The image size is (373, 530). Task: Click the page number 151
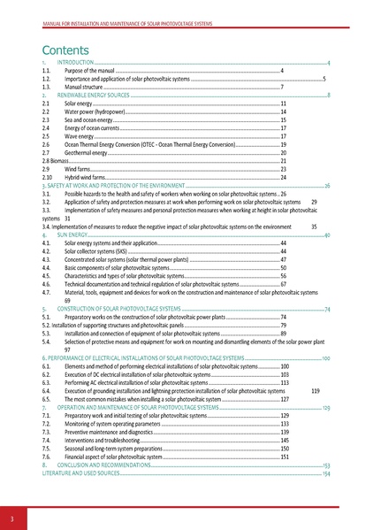tap(285, 456)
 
